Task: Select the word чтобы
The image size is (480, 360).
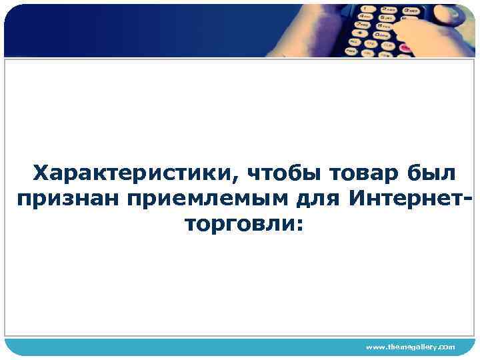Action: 283,173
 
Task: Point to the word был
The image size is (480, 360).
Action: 431,173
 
